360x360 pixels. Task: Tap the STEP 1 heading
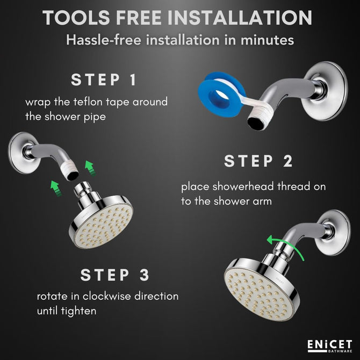tap(104, 80)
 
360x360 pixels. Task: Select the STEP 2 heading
tap(258, 161)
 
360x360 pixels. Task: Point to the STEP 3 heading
tap(115, 275)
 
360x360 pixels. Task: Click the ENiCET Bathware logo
tap(330, 346)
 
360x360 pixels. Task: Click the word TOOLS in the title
tap(76, 18)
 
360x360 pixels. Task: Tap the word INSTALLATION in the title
tap(240, 18)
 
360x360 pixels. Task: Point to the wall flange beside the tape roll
tap(327, 91)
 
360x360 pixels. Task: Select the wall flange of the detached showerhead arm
tap(20, 153)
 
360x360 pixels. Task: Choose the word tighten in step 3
tap(79, 311)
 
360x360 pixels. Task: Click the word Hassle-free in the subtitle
tap(104, 40)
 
